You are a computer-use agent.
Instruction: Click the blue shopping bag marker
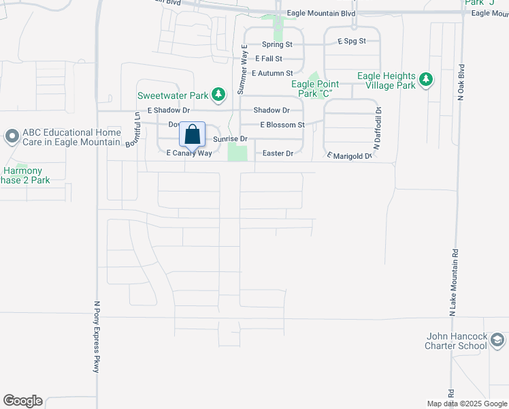coord(192,134)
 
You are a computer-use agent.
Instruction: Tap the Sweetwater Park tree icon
coord(218,95)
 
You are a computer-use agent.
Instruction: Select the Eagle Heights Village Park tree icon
coord(426,80)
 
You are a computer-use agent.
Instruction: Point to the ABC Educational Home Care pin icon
coord(12,137)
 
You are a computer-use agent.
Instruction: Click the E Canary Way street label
coord(189,153)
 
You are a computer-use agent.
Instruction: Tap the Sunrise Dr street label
coord(231,138)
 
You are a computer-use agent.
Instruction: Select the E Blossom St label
coord(282,125)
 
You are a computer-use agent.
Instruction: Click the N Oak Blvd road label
coord(461,82)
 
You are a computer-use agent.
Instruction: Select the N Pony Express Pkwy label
coord(97,337)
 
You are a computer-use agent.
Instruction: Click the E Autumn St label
coord(272,73)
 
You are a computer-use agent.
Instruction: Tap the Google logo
coord(22,401)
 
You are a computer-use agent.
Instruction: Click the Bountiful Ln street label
coord(133,130)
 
